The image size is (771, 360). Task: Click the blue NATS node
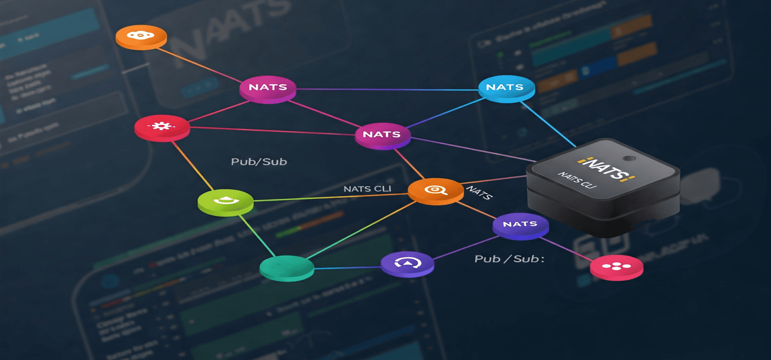[x=506, y=87]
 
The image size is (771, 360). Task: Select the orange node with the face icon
[x=141, y=36]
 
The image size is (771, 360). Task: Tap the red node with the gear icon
[x=162, y=126]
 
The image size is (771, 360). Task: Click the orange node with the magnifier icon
[x=436, y=190]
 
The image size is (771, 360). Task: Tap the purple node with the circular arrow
[x=407, y=263]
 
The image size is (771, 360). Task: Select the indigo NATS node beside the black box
[x=520, y=224]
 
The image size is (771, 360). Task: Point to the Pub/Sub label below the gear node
[x=259, y=162]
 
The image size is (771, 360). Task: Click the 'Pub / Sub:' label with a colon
[x=509, y=259]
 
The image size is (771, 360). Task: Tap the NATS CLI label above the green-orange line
[x=367, y=189]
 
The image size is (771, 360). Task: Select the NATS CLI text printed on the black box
[x=577, y=180]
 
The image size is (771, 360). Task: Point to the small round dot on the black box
[x=629, y=158]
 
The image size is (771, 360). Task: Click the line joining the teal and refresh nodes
[x=347, y=268]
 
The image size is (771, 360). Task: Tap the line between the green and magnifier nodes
[x=330, y=197]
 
